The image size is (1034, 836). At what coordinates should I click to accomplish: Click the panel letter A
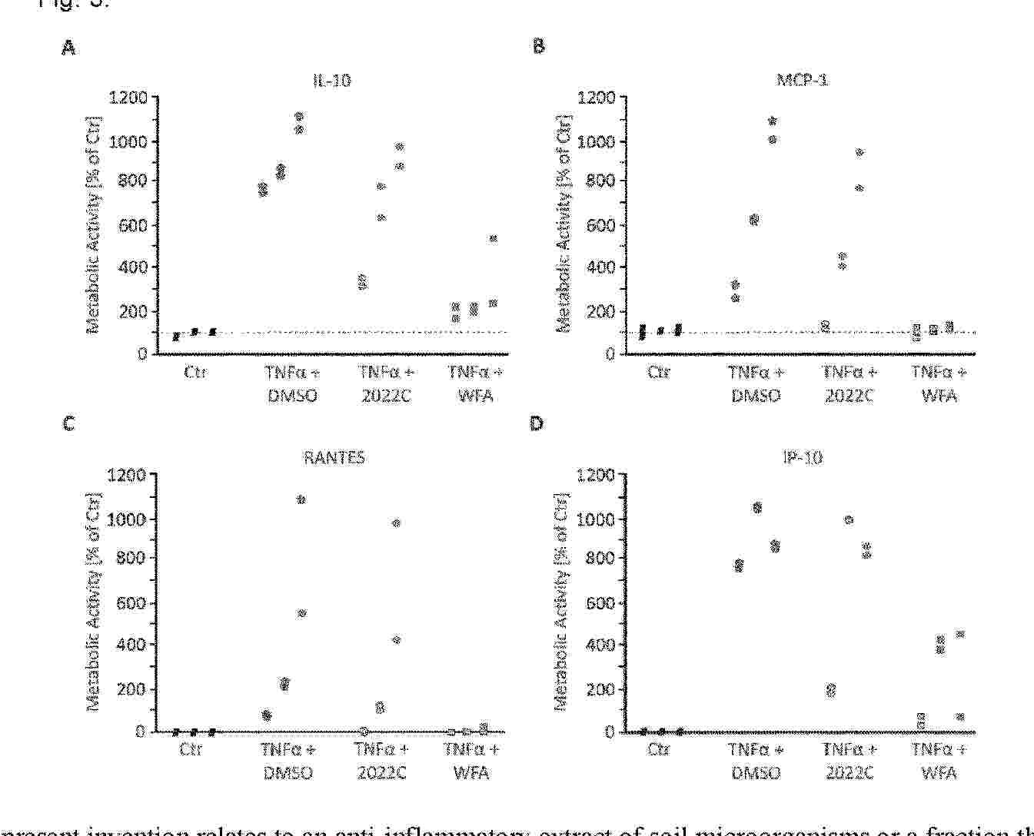[x=69, y=48]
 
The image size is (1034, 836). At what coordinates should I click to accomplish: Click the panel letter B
[x=538, y=46]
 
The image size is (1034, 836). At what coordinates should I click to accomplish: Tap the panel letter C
[x=69, y=423]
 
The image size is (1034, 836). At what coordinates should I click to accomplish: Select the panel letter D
[x=537, y=423]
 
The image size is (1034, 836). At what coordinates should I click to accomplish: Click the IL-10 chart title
[x=331, y=80]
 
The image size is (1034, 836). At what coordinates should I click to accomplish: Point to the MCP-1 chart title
[x=802, y=80]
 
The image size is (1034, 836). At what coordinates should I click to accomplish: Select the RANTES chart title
[x=333, y=458]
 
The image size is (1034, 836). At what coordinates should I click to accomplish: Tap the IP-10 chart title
[x=802, y=458]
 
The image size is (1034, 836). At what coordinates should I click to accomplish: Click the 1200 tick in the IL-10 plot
[x=128, y=98]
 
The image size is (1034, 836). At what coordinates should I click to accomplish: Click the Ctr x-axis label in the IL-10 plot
[x=195, y=373]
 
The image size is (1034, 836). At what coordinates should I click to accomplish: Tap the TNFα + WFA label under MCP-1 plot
[x=939, y=383]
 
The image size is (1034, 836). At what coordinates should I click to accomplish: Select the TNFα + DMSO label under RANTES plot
[x=288, y=761]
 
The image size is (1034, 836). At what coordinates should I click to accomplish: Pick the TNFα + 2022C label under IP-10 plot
[x=849, y=761]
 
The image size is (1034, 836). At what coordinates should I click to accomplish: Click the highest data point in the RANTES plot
[x=301, y=499]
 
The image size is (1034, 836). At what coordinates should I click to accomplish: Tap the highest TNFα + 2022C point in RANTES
[x=397, y=523]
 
